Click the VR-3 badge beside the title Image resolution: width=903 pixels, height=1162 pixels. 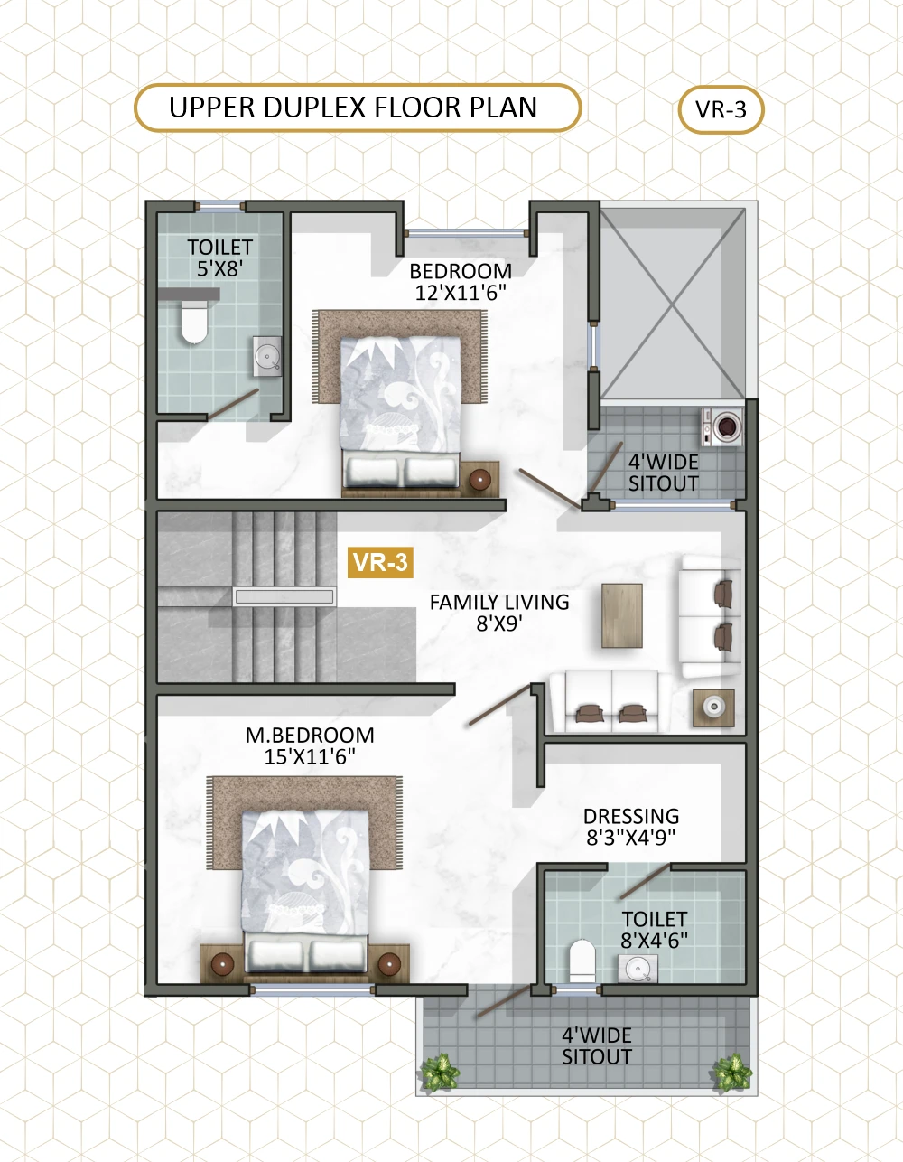721,109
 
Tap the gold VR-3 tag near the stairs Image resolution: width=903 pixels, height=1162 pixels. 380,563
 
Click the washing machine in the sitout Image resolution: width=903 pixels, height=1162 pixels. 722,426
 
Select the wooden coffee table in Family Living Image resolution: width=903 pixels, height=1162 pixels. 622,615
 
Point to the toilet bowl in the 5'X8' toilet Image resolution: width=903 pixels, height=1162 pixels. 194,322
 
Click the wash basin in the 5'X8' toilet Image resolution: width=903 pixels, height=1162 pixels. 266,356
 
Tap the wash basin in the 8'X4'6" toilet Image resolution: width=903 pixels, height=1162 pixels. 638,969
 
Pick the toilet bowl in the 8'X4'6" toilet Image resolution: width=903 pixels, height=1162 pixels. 582,961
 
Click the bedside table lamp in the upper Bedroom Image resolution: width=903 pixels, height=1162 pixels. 479,479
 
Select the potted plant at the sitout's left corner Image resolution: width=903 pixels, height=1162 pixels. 440,1072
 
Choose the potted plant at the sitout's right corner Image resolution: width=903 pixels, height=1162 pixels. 732,1072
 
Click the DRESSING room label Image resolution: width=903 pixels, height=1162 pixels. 631,817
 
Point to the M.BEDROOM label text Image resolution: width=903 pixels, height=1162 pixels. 310,736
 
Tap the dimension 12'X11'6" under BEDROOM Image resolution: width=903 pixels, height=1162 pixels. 461,293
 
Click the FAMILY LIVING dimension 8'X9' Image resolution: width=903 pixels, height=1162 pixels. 499,623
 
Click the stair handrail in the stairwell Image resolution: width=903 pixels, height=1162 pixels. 284,596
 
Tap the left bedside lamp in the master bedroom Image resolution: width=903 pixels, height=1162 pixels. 222,964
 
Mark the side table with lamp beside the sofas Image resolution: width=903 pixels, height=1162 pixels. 714,708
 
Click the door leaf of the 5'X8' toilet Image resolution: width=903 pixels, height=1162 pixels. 233,404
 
